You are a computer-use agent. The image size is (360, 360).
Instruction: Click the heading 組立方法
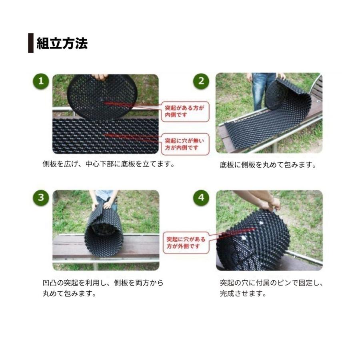tap(62, 43)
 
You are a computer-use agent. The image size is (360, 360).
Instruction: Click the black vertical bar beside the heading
tap(30, 43)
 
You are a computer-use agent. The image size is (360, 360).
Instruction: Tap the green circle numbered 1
tap(40, 82)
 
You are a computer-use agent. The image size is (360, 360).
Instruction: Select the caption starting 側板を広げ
tap(109, 164)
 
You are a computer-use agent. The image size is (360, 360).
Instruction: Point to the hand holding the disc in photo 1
tap(100, 76)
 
